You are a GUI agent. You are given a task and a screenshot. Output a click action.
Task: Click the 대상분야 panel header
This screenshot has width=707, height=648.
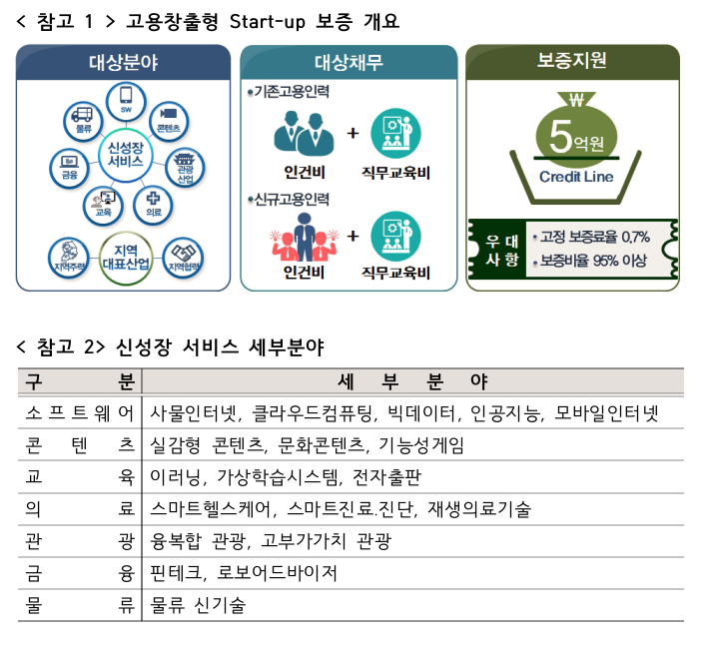tap(123, 62)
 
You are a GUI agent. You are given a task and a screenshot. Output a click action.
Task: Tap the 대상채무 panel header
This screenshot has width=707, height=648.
tap(349, 62)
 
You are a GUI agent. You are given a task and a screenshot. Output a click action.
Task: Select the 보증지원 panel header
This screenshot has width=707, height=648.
tap(572, 62)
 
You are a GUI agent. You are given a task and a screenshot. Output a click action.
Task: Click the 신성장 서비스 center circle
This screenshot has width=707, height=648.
tap(126, 155)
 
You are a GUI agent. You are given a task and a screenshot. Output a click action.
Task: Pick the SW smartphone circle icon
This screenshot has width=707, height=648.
tap(126, 102)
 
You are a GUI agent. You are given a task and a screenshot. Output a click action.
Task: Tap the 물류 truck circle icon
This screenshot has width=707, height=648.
tap(83, 121)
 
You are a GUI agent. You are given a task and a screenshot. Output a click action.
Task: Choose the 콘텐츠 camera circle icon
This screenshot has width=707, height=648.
tap(169, 121)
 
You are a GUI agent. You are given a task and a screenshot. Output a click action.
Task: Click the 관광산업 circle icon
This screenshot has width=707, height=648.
tap(185, 168)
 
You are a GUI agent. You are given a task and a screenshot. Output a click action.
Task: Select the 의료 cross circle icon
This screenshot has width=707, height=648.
tap(154, 205)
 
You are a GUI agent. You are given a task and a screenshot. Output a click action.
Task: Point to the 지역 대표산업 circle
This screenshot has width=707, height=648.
tap(126, 258)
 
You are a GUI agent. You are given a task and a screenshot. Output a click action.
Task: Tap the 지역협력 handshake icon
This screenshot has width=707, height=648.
tap(183, 258)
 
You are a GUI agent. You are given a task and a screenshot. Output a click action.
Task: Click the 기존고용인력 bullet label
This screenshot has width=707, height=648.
tap(289, 92)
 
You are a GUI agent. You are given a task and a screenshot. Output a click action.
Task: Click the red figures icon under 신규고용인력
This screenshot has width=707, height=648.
tap(305, 238)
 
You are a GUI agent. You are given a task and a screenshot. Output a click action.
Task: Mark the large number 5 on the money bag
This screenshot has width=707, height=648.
tap(560, 136)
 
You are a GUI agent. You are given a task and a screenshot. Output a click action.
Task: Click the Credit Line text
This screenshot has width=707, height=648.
tap(576, 177)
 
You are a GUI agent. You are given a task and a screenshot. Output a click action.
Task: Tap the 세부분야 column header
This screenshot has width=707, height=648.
tap(412, 381)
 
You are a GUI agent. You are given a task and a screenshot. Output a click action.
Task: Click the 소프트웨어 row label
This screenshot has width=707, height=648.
tap(80, 412)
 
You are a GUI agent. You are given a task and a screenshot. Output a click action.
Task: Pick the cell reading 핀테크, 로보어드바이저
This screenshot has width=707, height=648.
tap(244, 573)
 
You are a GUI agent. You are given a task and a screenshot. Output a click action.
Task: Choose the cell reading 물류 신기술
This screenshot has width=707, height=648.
tap(198, 605)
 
